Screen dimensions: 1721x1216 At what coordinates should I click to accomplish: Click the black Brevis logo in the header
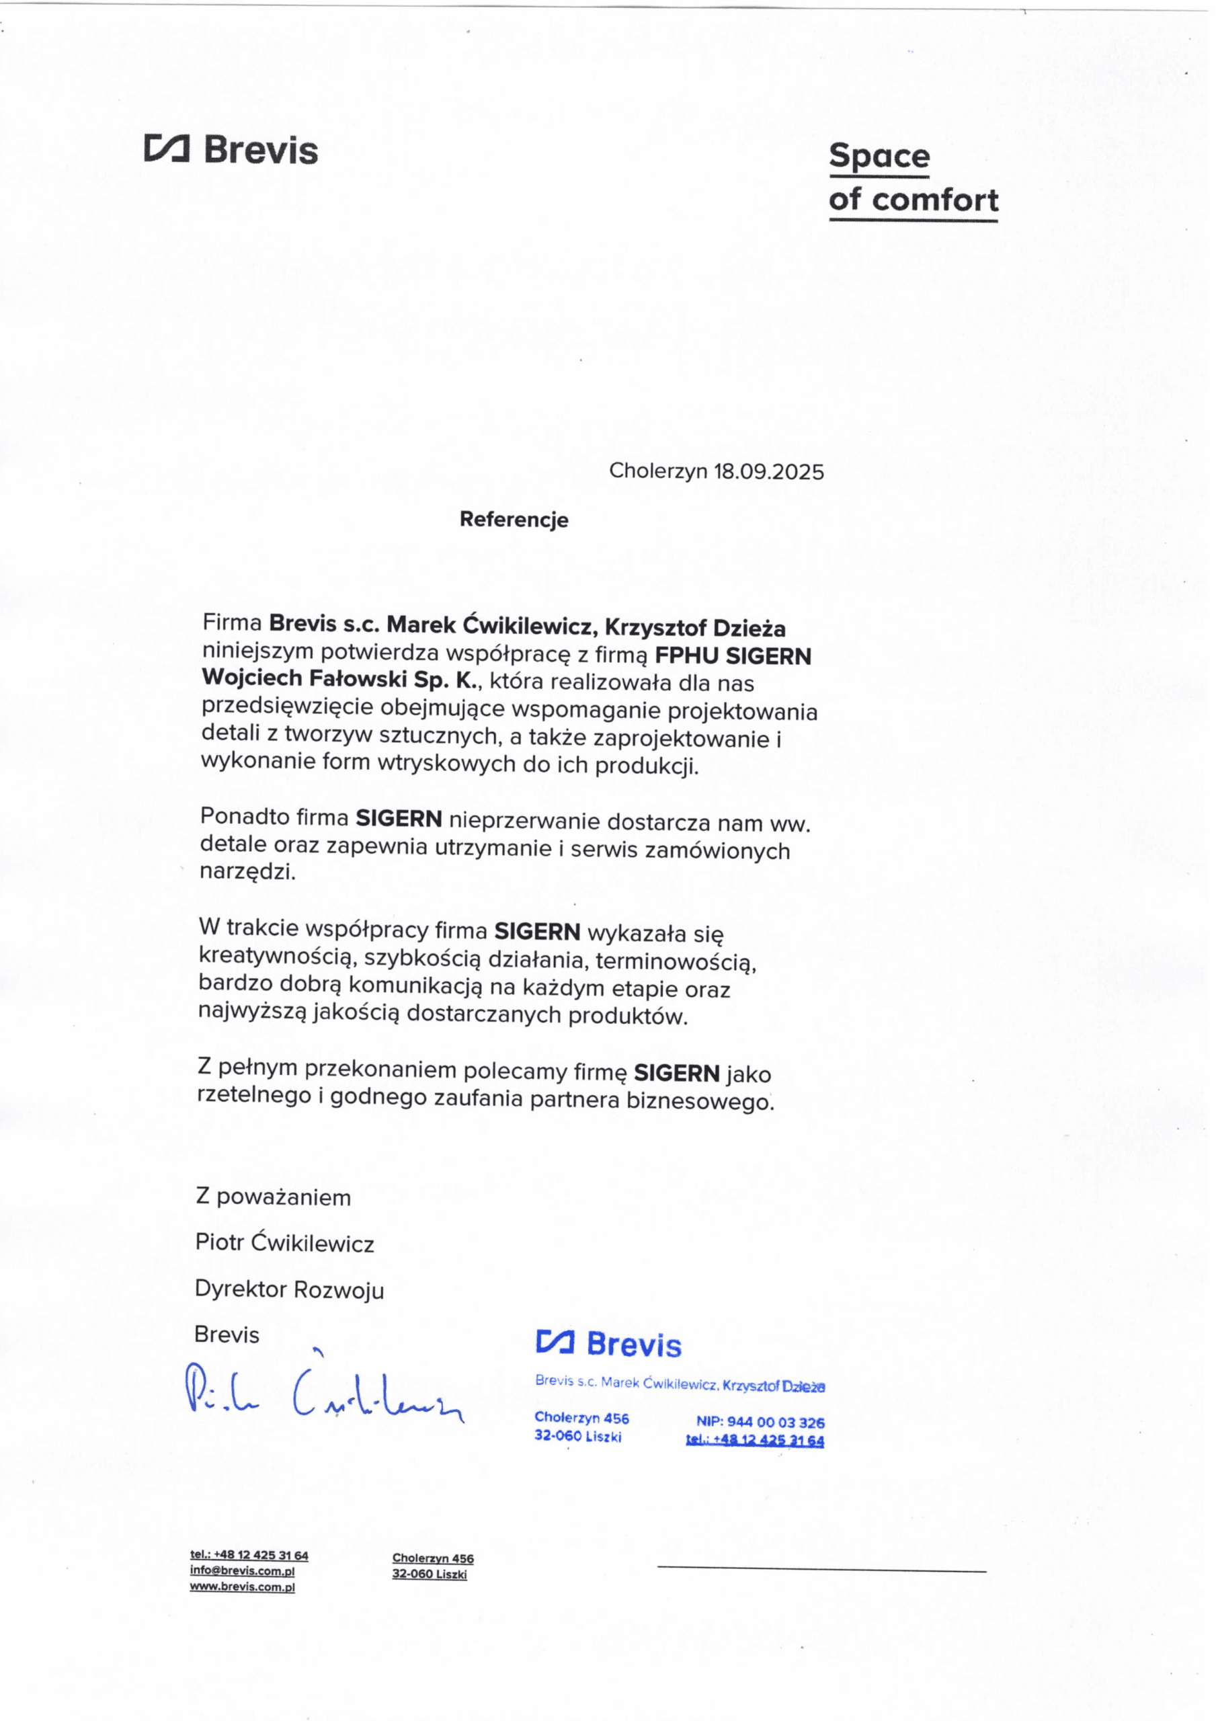click(x=232, y=150)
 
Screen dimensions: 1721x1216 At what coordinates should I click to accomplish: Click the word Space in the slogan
click(x=879, y=157)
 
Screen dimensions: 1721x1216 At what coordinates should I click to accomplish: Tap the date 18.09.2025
click(x=768, y=471)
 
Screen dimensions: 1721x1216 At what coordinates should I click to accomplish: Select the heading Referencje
click(x=514, y=520)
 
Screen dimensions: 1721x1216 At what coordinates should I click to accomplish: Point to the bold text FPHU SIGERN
click(x=733, y=656)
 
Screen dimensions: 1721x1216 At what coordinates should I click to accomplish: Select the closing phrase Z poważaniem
click(x=273, y=1197)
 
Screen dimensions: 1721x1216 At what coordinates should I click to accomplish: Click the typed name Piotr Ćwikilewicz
click(x=284, y=1243)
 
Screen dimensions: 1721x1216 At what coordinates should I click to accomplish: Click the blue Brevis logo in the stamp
click(x=609, y=1344)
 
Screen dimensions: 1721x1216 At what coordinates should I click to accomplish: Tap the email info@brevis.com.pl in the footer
click(x=242, y=1571)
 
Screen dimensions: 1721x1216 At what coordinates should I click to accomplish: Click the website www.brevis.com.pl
click(x=242, y=1587)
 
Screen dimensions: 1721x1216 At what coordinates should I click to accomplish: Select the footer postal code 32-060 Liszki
click(x=429, y=1574)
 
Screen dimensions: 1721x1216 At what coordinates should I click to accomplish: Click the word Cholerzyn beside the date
click(x=657, y=471)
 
